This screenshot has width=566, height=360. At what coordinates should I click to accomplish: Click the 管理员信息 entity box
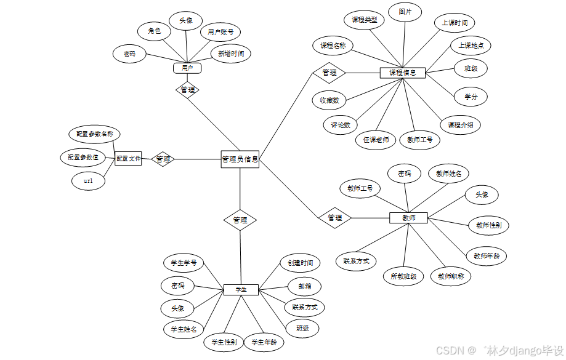(x=240, y=159)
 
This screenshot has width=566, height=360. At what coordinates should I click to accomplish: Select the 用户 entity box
(x=187, y=68)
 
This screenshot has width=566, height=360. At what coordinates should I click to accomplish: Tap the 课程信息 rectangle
(x=402, y=73)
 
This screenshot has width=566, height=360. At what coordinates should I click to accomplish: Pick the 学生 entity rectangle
(x=241, y=289)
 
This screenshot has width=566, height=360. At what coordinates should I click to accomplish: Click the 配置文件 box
(x=128, y=159)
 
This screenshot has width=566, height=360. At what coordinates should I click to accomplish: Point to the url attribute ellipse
(x=88, y=181)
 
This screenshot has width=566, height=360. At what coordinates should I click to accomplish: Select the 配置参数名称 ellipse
(x=94, y=134)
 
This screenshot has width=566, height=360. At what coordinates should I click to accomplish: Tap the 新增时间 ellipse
(x=230, y=54)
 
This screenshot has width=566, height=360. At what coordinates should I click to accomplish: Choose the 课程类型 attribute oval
(x=364, y=20)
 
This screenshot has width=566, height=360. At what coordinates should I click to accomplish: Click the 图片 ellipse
(x=405, y=12)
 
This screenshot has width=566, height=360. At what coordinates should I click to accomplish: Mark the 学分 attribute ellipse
(x=471, y=97)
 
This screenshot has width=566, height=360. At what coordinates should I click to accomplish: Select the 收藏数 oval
(x=329, y=100)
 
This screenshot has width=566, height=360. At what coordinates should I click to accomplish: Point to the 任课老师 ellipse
(x=376, y=140)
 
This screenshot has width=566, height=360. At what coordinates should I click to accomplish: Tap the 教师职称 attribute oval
(x=451, y=276)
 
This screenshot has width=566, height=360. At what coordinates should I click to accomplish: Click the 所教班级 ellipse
(x=403, y=276)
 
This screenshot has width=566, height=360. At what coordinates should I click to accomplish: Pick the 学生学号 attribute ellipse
(x=184, y=263)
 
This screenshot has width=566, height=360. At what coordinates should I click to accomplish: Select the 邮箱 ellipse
(x=304, y=286)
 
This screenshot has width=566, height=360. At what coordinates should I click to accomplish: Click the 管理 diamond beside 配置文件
(x=163, y=159)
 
